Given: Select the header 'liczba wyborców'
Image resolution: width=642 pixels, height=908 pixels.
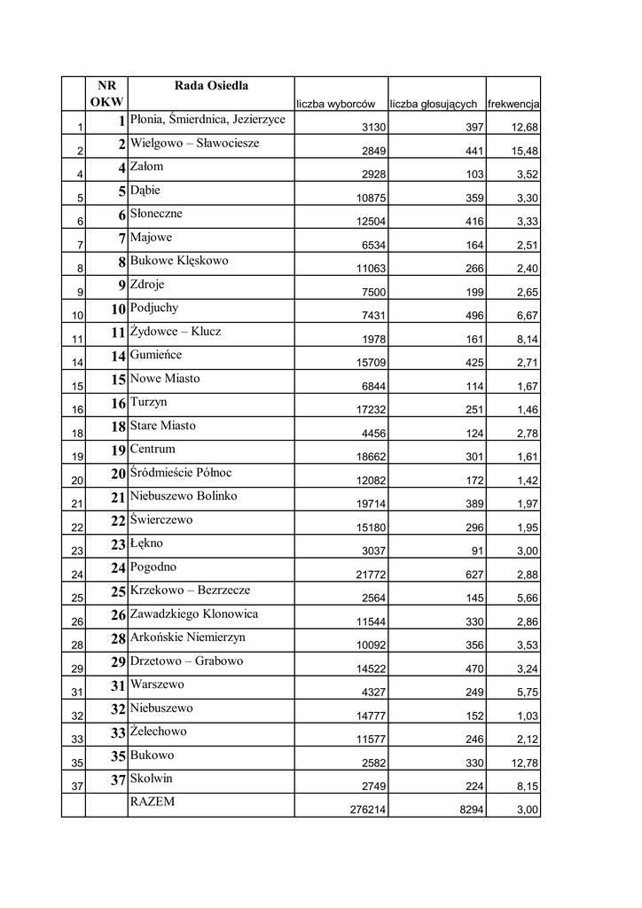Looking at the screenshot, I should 341,104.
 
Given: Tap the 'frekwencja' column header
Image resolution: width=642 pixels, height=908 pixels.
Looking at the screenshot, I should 513,104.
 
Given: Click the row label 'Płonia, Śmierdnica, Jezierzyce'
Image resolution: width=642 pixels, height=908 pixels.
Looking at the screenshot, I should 207,119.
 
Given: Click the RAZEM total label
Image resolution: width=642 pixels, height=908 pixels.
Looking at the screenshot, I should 153,802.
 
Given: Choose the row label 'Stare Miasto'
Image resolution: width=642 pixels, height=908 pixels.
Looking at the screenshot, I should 163,426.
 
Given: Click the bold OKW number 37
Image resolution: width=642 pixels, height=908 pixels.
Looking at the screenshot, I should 116,779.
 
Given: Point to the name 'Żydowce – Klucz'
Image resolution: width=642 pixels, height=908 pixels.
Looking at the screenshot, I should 176,332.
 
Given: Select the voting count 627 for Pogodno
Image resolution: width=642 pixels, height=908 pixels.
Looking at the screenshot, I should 474,575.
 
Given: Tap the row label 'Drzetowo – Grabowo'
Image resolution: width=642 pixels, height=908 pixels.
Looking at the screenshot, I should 186,661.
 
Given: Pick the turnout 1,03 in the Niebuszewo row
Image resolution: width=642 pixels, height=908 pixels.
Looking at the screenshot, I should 527,716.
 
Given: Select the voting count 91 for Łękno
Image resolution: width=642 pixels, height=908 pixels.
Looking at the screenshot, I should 477,551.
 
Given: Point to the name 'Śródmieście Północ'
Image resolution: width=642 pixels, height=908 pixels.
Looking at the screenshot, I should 181,473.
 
